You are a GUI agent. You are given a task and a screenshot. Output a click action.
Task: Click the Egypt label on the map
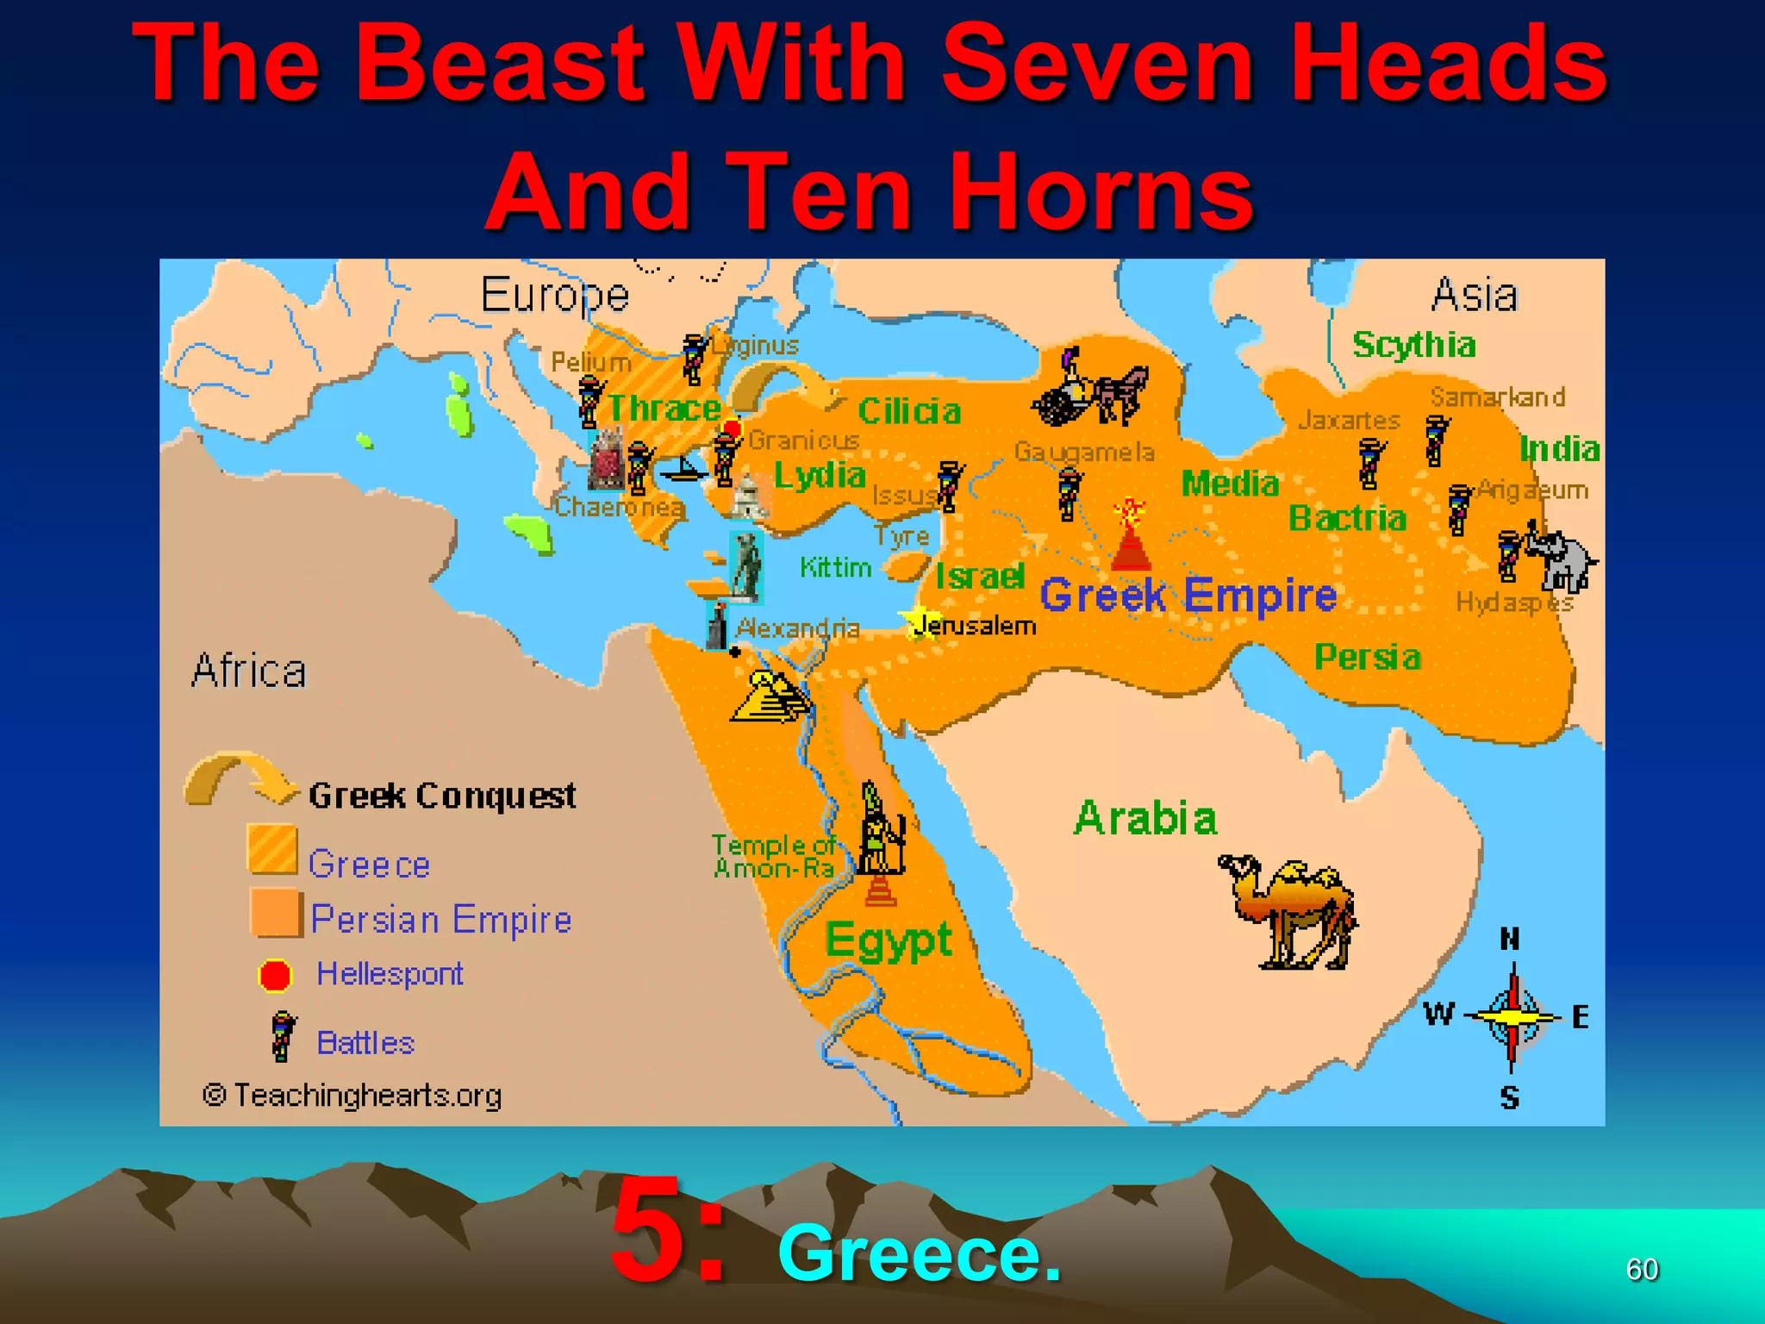(889, 940)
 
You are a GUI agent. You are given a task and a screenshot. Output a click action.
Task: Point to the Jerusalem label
(975, 625)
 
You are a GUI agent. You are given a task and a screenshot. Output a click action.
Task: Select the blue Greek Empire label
(1188, 596)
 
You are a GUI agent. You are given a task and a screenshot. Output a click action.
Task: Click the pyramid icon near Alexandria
(770, 696)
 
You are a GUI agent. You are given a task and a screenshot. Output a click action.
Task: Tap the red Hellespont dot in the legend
(276, 975)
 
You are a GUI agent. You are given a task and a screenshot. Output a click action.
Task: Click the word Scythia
(1413, 345)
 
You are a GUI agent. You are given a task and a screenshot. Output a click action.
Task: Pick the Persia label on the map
(1367, 658)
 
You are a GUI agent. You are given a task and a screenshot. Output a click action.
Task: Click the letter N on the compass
(1510, 939)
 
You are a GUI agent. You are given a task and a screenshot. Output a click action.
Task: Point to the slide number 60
(1642, 1269)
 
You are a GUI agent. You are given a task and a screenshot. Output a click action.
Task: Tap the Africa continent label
(249, 671)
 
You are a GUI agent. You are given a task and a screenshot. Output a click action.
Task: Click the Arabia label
(1145, 818)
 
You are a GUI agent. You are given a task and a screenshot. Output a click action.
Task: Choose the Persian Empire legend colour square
(276, 914)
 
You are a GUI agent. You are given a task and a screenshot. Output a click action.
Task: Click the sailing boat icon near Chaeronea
(684, 471)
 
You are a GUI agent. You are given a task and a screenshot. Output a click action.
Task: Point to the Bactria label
(1347, 518)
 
